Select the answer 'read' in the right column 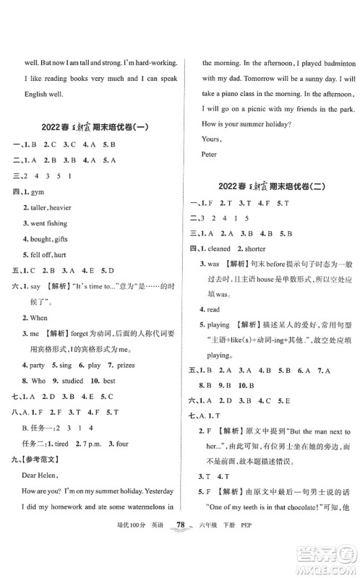pyautogui.click(x=215, y=329)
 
